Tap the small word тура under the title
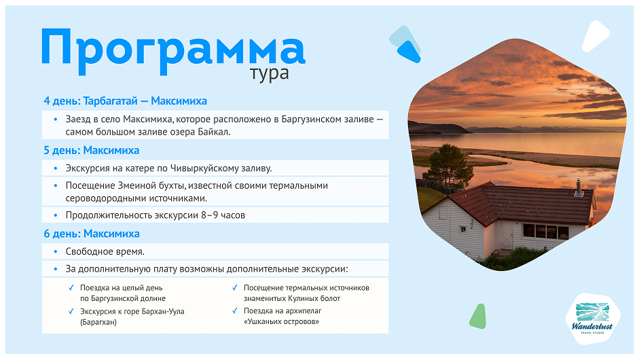(x=270, y=73)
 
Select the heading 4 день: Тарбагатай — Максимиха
(x=125, y=101)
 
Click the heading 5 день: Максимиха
(x=91, y=150)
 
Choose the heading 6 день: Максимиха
(x=91, y=234)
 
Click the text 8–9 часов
(x=220, y=215)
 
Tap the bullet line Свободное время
(x=105, y=251)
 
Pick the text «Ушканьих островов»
(x=281, y=321)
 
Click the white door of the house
(x=507, y=235)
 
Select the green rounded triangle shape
(x=479, y=317)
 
